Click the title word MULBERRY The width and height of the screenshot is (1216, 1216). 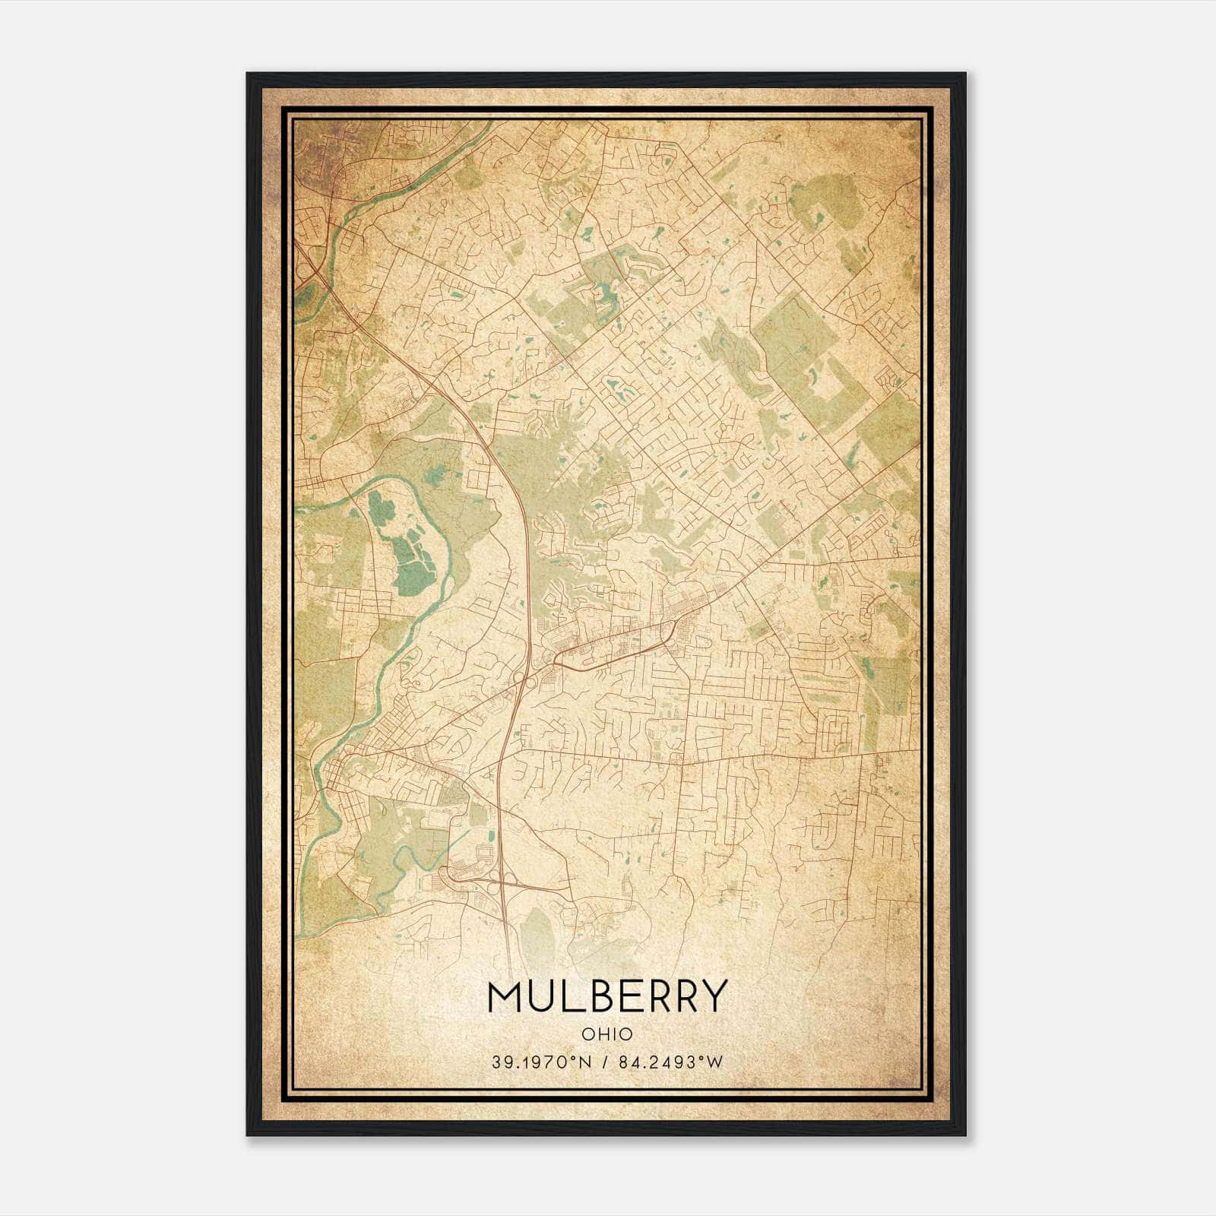[607, 996]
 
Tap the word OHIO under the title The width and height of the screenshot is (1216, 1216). [607, 1034]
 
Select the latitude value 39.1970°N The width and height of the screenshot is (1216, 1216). [540, 1062]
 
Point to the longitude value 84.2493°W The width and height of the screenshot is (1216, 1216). [669, 1062]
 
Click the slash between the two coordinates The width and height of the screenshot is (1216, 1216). [604, 1062]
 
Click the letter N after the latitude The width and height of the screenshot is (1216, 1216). [585, 1062]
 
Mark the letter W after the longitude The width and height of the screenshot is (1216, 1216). [714, 1062]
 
